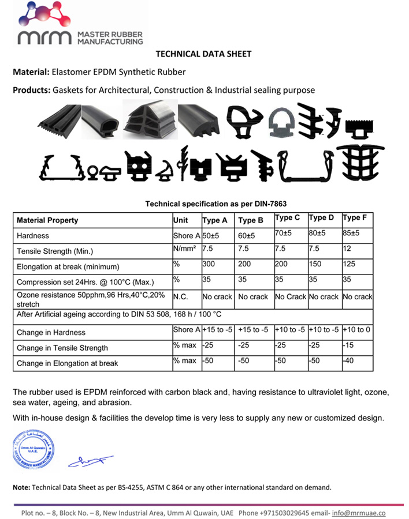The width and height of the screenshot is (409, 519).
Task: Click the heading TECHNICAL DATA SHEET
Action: pos(204,54)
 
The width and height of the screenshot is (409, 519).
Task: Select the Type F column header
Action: pos(355,218)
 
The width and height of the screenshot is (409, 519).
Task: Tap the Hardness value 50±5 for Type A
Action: pos(211,236)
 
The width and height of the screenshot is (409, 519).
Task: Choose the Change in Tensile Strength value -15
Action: pos(348,345)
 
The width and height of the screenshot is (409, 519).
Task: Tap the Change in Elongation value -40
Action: pos(348,360)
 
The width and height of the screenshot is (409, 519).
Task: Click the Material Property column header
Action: pos(47,220)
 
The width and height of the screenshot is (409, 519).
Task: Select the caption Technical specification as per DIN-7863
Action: pos(215,204)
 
